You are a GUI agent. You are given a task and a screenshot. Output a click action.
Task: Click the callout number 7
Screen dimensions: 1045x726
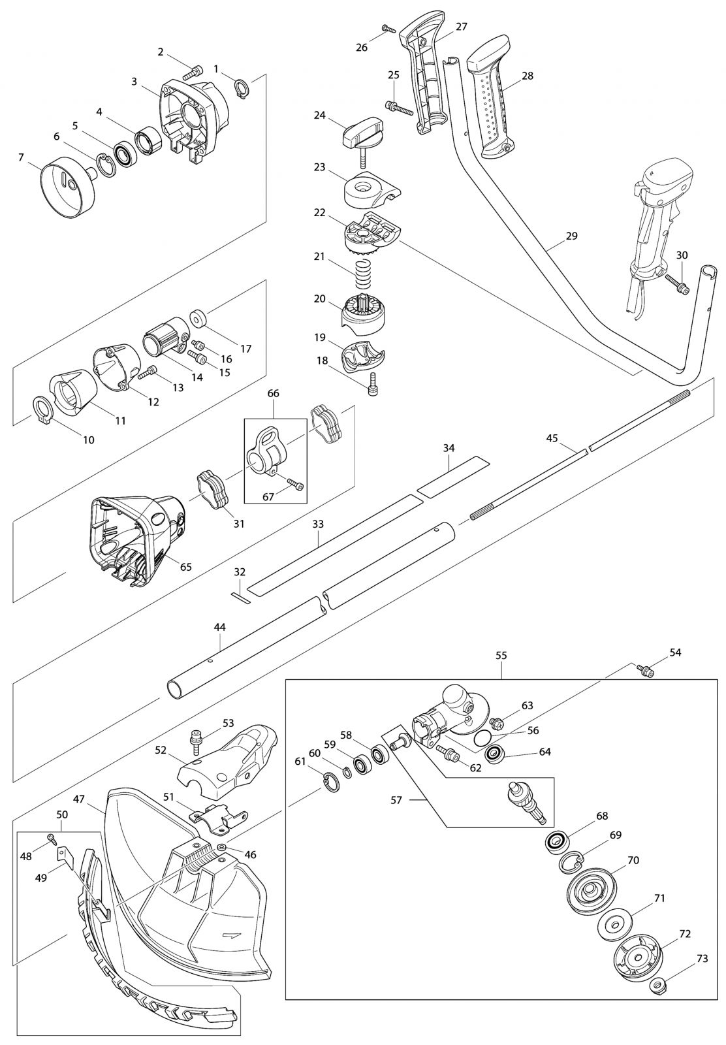[x=21, y=157]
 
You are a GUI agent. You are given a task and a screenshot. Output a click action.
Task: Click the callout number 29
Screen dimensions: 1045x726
[x=571, y=236]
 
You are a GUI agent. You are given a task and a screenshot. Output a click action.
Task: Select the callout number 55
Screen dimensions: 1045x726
[x=501, y=654]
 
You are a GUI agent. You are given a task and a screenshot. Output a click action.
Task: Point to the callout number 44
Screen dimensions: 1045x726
[x=219, y=627]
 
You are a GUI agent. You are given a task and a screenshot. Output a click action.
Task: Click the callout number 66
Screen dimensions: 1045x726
[x=273, y=393]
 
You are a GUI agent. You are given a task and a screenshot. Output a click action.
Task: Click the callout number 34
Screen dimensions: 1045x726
[x=449, y=448]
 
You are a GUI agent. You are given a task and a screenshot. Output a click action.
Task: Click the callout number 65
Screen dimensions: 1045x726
[x=185, y=567]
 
